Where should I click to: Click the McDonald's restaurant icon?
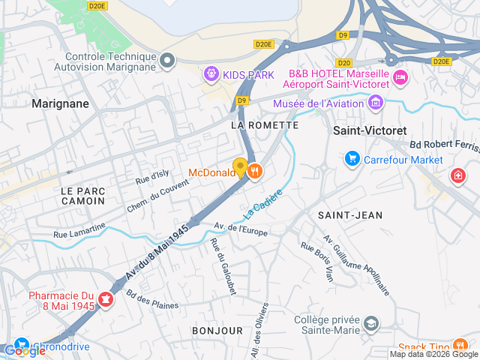click(x=256, y=171)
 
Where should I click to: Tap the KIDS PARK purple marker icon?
click(x=211, y=74)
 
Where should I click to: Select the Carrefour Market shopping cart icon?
click(x=352, y=159)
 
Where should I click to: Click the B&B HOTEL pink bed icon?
click(x=400, y=77)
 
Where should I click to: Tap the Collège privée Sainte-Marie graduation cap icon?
click(x=370, y=324)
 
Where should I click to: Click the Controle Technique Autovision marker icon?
click(x=167, y=60)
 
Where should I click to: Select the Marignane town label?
click(x=60, y=104)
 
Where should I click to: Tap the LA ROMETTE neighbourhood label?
click(x=265, y=125)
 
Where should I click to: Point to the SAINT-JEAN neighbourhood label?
click(x=349, y=215)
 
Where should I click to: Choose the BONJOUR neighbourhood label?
click(x=217, y=330)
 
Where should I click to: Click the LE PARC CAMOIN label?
click(x=82, y=196)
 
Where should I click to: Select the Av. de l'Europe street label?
click(x=241, y=229)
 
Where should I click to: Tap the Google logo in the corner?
click(x=25, y=350)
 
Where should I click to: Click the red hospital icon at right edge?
click(x=457, y=175)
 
